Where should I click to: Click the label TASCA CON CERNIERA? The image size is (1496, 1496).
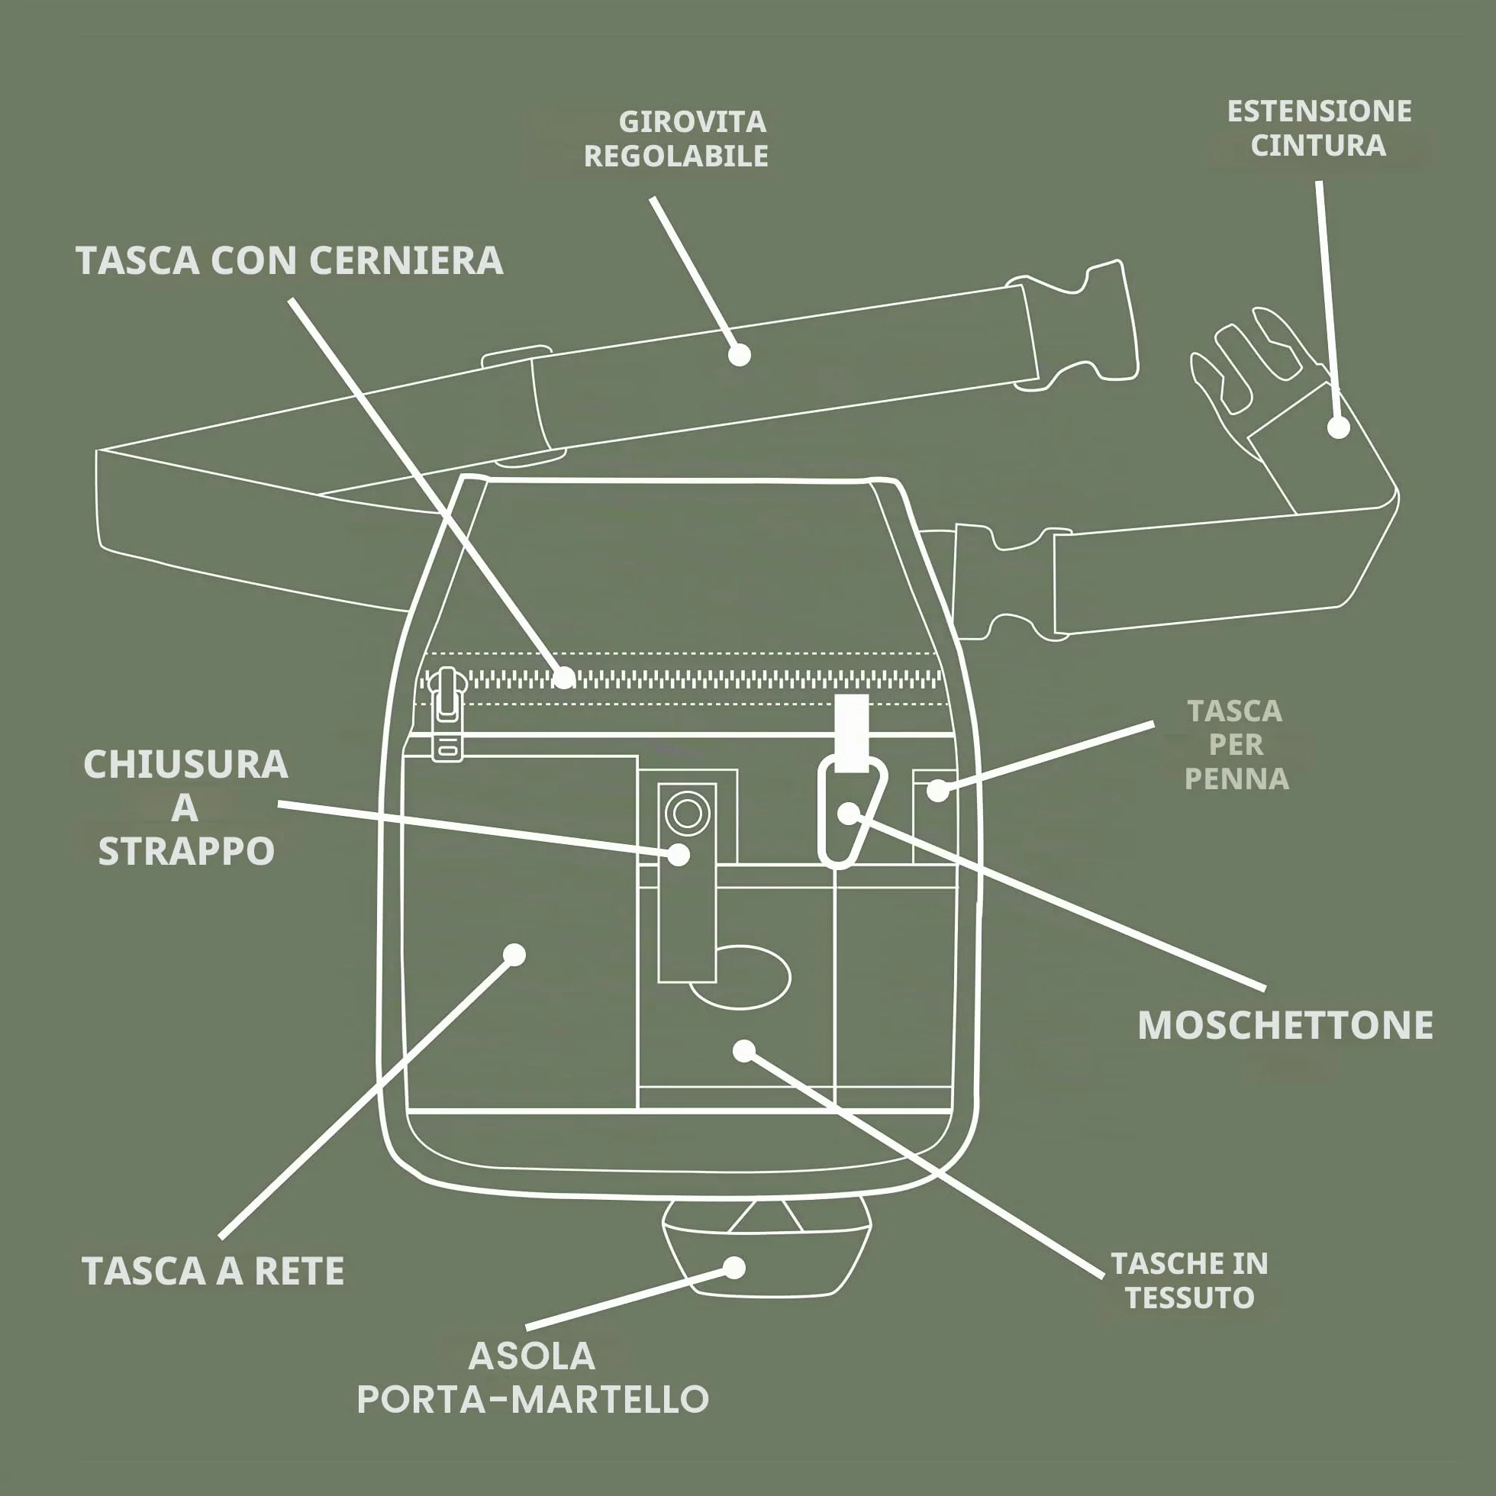289,260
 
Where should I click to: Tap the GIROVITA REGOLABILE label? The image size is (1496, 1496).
676,139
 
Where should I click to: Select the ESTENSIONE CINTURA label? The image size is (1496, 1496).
1320,127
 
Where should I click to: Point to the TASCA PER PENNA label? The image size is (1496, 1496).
1236,745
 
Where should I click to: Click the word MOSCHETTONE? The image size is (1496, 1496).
1285,1025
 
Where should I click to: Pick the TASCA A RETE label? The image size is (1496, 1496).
213,1271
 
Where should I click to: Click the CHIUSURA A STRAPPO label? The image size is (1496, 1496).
185,807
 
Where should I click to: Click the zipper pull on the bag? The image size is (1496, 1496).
447,714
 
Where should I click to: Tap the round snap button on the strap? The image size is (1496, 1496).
687,814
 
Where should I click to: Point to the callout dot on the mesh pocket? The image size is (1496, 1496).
514,954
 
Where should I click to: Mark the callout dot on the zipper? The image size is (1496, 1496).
566,678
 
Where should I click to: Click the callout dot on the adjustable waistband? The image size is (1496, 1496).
740,355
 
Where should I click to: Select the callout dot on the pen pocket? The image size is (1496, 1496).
938,791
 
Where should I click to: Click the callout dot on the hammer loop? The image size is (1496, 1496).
734,1268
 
